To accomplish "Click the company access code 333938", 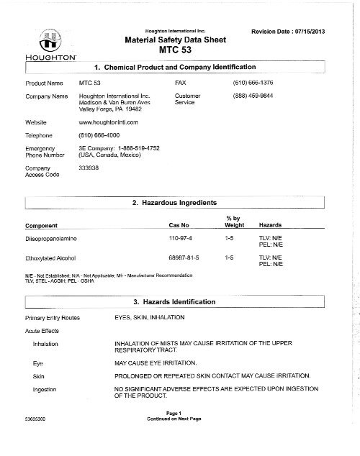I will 89,167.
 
